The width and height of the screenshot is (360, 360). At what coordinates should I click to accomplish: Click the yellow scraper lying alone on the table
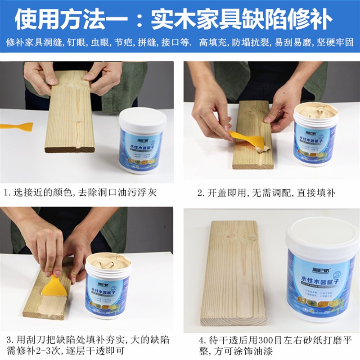pos(17,126)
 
